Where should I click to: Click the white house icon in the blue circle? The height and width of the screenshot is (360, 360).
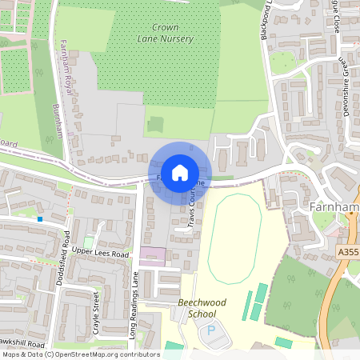[x=180, y=172]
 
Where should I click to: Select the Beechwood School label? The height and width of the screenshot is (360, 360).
[x=202, y=308]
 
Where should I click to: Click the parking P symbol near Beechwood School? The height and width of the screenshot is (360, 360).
[x=211, y=330]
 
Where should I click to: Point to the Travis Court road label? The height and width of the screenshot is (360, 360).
[x=194, y=210]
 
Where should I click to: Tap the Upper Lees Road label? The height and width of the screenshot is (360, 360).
[x=101, y=254]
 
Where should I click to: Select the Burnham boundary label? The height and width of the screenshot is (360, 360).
[x=58, y=121]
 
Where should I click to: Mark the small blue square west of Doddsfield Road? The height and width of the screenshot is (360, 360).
[x=40, y=218]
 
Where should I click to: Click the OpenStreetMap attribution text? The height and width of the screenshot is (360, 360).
[x=80, y=354]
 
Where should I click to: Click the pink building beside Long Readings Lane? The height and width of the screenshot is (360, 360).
[x=153, y=257]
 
